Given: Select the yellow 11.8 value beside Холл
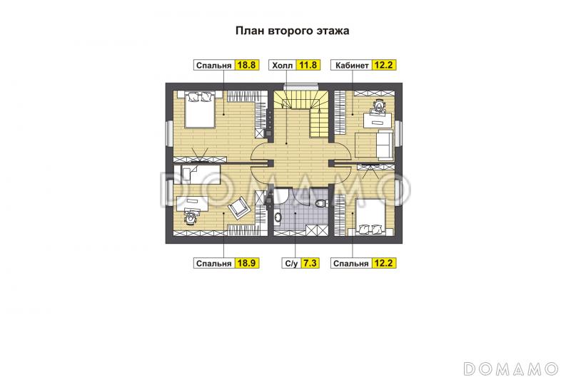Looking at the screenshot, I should click(308, 66).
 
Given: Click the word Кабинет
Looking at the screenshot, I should click(351, 66).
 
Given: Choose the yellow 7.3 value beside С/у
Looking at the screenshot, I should click(310, 263).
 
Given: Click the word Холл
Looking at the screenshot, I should click(283, 66).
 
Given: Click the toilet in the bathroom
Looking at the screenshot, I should click(320, 205).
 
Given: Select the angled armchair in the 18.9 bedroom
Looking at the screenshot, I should click(238, 207).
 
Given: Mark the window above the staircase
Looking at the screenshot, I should click(300, 86).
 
